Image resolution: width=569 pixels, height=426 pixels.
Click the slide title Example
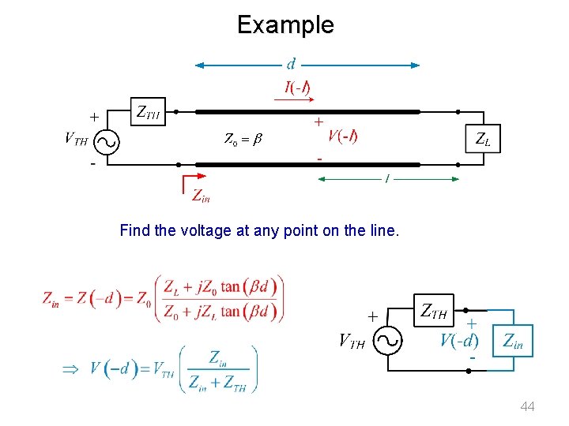click(x=285, y=24)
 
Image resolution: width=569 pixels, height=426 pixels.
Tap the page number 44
click(x=527, y=406)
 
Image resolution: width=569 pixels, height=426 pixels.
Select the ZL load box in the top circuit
click(x=481, y=140)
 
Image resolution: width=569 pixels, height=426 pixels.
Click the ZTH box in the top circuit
click(x=148, y=113)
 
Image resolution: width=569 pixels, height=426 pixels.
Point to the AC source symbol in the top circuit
click(x=106, y=141)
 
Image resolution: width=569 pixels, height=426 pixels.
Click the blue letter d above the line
click(x=292, y=63)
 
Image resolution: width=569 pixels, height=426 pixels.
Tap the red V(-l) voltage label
click(x=342, y=136)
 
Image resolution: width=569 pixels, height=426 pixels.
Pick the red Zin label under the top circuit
click(x=201, y=196)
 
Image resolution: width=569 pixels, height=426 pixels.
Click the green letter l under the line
click(x=386, y=181)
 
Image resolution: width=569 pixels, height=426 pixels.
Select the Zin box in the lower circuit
click(x=513, y=341)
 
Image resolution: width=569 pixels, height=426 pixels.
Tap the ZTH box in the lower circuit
click(x=432, y=312)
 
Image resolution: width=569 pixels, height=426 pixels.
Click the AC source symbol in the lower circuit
click(x=388, y=341)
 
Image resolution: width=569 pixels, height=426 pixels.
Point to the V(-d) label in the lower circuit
click(x=459, y=341)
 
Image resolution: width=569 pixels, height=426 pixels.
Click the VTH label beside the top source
click(x=76, y=140)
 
